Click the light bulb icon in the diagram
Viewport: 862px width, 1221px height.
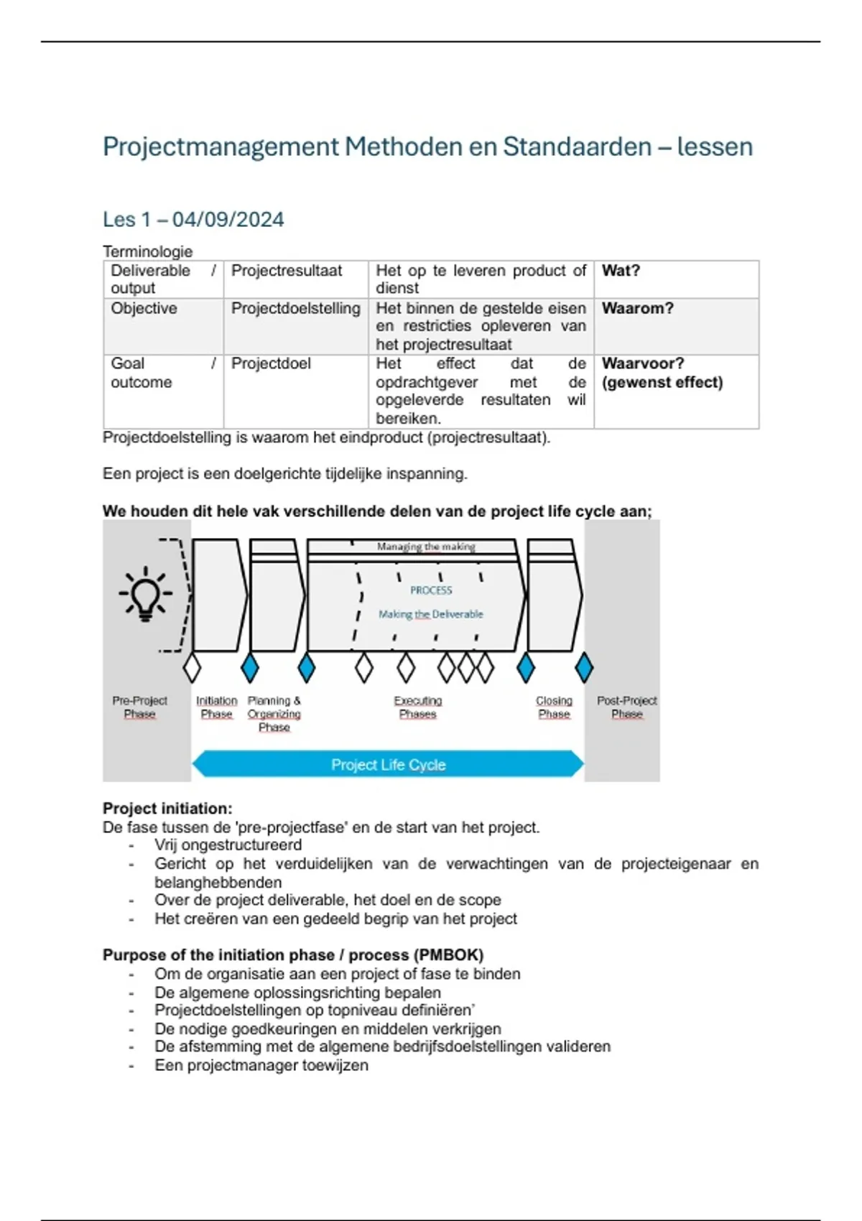[x=146, y=594]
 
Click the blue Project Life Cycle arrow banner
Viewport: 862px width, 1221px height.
[x=388, y=764]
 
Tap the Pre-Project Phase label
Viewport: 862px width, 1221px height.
[x=139, y=707]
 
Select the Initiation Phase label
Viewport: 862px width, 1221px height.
[x=216, y=707]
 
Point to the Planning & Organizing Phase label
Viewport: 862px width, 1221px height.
[x=274, y=713]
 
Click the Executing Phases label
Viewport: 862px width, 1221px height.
[x=417, y=707]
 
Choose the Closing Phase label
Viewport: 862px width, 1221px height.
[x=554, y=707]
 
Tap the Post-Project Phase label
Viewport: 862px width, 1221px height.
[x=626, y=707]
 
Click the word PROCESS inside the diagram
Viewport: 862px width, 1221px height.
[x=431, y=590]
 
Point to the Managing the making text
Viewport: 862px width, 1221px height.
[x=426, y=547]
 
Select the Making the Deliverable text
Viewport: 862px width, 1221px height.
[x=431, y=614]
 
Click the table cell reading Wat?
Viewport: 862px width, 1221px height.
[x=621, y=271]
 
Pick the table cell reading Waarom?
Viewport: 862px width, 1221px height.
[x=637, y=308]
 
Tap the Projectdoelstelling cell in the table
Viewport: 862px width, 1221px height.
[x=295, y=308]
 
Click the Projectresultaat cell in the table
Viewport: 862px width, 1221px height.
[x=287, y=271]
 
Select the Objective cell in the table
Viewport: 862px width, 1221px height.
[x=144, y=308]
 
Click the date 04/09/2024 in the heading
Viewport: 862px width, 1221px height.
[x=228, y=219]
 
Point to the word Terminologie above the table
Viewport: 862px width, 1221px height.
[x=147, y=251]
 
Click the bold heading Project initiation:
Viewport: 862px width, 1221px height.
[x=167, y=808]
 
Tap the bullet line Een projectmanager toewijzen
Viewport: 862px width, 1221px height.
[x=261, y=1065]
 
